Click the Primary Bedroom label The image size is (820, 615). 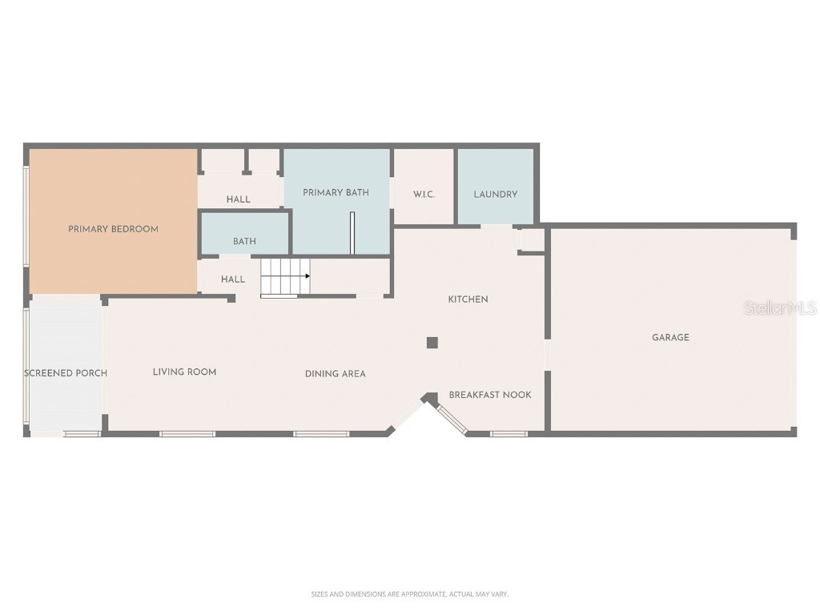113,229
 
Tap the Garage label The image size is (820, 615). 670,338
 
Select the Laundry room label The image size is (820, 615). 495,195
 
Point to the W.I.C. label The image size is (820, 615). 424,195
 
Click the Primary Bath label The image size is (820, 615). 336,192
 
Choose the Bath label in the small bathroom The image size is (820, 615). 244,241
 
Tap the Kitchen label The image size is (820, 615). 468,299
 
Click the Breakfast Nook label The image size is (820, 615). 489,395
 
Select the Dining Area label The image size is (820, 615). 335,374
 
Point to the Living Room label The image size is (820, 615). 184,372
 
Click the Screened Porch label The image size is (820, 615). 66,373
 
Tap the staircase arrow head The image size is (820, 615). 307,275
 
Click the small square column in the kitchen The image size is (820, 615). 432,343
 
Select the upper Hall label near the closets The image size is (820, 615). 238,199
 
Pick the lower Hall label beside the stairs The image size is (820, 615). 232,279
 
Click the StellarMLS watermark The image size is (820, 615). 779,307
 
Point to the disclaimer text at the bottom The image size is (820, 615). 409,594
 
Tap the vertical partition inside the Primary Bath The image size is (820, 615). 352,233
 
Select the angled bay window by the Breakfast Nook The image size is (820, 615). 450,418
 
